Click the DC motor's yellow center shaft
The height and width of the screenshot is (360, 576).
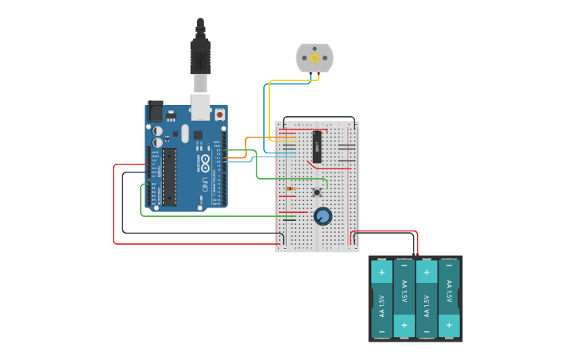coord(315,58)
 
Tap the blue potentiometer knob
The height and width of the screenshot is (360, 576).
coord(323,216)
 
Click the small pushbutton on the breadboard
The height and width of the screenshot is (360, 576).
coord(317,192)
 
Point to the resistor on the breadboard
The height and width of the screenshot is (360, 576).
coord(292,188)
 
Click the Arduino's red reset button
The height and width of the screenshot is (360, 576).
coord(219,114)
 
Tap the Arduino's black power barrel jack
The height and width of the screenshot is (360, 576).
coord(156,111)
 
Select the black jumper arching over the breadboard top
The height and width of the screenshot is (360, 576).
coord(318,118)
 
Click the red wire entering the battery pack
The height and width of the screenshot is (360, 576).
coord(416,242)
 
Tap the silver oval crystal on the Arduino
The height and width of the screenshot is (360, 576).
coord(185,134)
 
